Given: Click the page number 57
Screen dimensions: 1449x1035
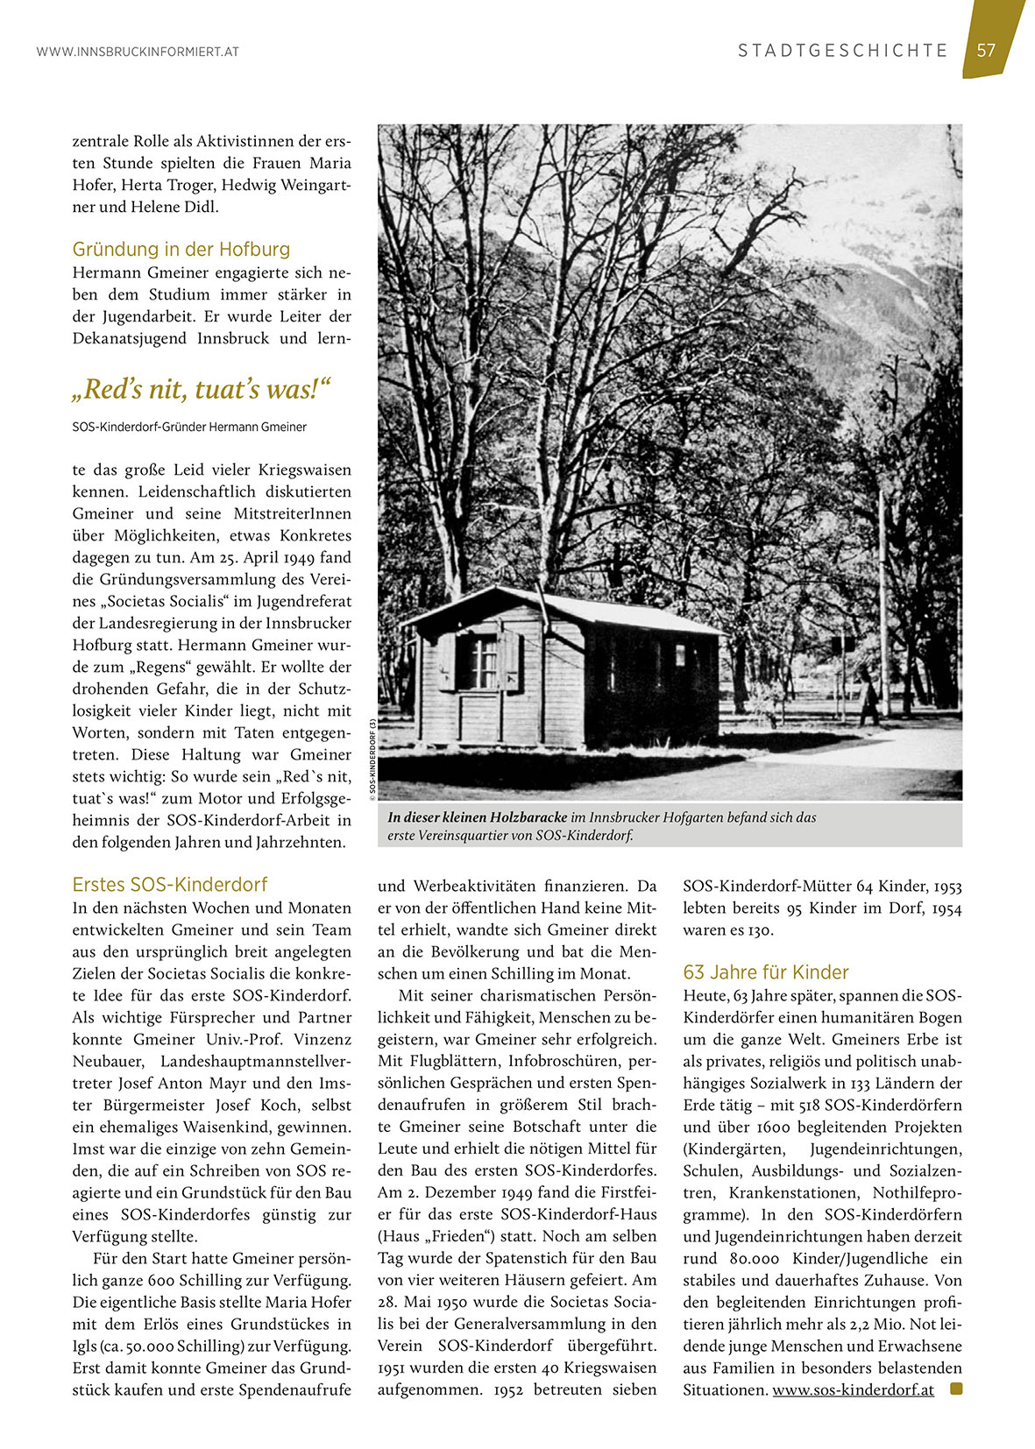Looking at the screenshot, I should click(x=987, y=50).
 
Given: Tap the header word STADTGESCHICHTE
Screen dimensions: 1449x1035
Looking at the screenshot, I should click(x=843, y=51).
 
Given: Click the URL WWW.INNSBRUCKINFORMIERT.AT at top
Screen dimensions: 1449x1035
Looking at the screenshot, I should click(x=138, y=52).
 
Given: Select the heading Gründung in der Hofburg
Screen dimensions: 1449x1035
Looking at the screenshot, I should click(x=181, y=249).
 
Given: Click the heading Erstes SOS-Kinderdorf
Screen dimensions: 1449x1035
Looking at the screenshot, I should click(x=169, y=884).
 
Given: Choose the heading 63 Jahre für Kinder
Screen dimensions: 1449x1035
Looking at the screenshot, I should click(x=765, y=972).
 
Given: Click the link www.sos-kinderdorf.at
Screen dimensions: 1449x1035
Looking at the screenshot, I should click(x=853, y=1389).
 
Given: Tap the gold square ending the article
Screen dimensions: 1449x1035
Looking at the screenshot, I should click(x=955, y=1389).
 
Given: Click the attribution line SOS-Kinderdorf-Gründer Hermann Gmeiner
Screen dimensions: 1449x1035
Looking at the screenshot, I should click(x=189, y=427).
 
